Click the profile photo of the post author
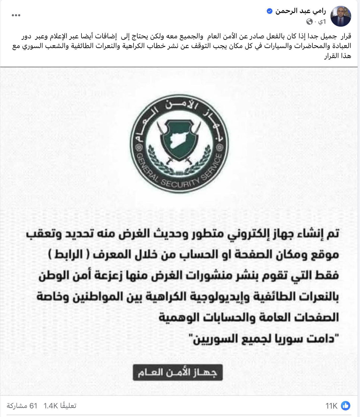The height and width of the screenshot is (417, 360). click(x=341, y=16)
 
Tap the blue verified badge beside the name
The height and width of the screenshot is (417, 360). click(x=269, y=11)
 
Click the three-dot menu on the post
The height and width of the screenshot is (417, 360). click(x=16, y=15)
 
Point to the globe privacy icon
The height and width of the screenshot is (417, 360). click(x=309, y=22)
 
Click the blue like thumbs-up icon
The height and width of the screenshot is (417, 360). click(x=345, y=406)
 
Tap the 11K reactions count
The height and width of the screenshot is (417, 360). click(x=331, y=406)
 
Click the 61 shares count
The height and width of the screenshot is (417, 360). click(x=22, y=406)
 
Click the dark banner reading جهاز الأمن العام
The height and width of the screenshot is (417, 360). click(x=178, y=372)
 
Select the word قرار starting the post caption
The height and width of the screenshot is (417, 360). click(x=345, y=36)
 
